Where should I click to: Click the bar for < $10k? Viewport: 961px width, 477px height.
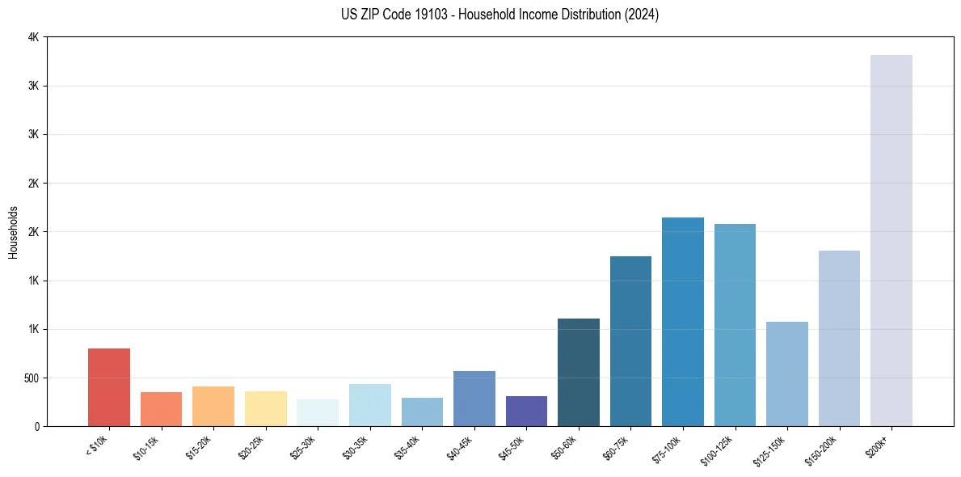(x=109, y=387)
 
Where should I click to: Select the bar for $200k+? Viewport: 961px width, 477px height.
(x=891, y=240)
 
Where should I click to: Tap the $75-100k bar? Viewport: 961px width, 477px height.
(x=682, y=322)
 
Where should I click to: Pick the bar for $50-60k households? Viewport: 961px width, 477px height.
(x=578, y=372)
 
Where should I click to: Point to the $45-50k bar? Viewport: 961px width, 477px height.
(x=526, y=411)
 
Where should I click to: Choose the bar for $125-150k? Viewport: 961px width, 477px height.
(x=786, y=374)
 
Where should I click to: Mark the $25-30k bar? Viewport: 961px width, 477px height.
(x=318, y=412)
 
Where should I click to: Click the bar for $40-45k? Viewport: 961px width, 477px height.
(x=474, y=399)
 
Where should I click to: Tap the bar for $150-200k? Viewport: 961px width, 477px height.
(x=839, y=338)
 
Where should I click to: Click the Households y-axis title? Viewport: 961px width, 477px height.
(x=13, y=232)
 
